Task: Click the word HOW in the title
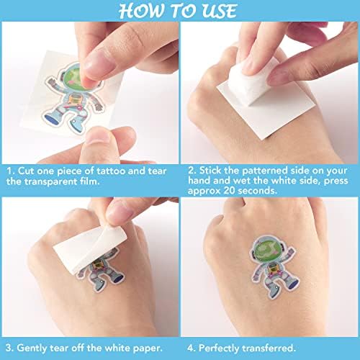point(142,11)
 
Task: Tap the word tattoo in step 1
point(111,171)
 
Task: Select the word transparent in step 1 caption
point(51,181)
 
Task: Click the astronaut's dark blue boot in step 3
point(119,279)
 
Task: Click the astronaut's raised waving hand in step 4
point(291,252)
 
